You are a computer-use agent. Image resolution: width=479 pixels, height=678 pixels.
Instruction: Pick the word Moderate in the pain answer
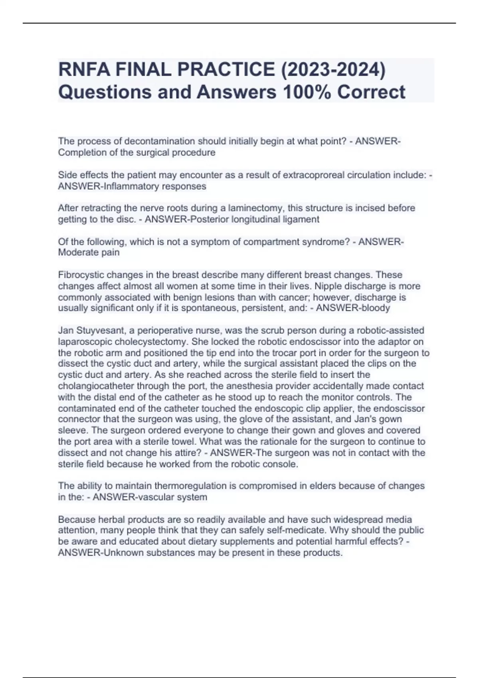click(75, 252)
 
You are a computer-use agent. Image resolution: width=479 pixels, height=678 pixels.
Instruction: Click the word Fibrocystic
click(81, 275)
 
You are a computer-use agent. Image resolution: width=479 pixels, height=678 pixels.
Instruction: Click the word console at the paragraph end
click(283, 464)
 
